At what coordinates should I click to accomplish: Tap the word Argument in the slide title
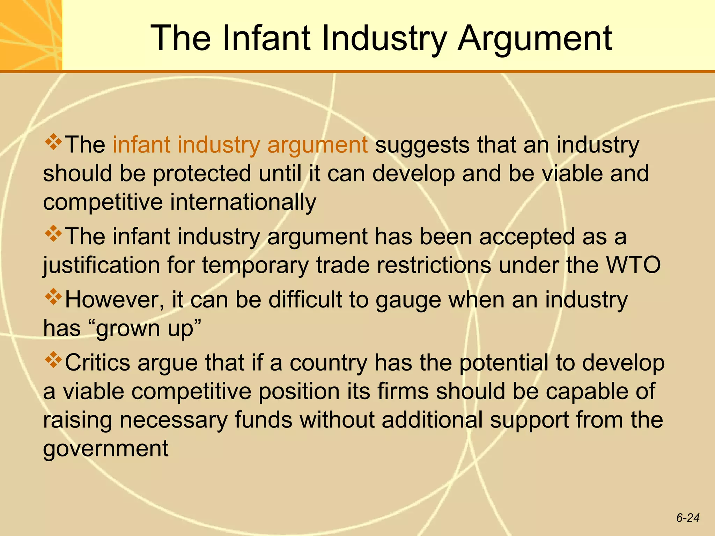tap(535, 38)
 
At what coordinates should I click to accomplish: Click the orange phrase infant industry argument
tap(240, 145)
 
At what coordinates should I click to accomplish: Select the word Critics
tap(97, 363)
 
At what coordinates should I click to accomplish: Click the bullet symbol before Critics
tap(53, 360)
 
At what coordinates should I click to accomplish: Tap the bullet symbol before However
tap(53, 297)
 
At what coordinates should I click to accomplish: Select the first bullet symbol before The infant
tap(53, 142)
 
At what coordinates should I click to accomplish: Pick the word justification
tap(101, 265)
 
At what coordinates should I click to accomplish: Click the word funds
tap(263, 420)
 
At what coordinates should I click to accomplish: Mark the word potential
tap(503, 363)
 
